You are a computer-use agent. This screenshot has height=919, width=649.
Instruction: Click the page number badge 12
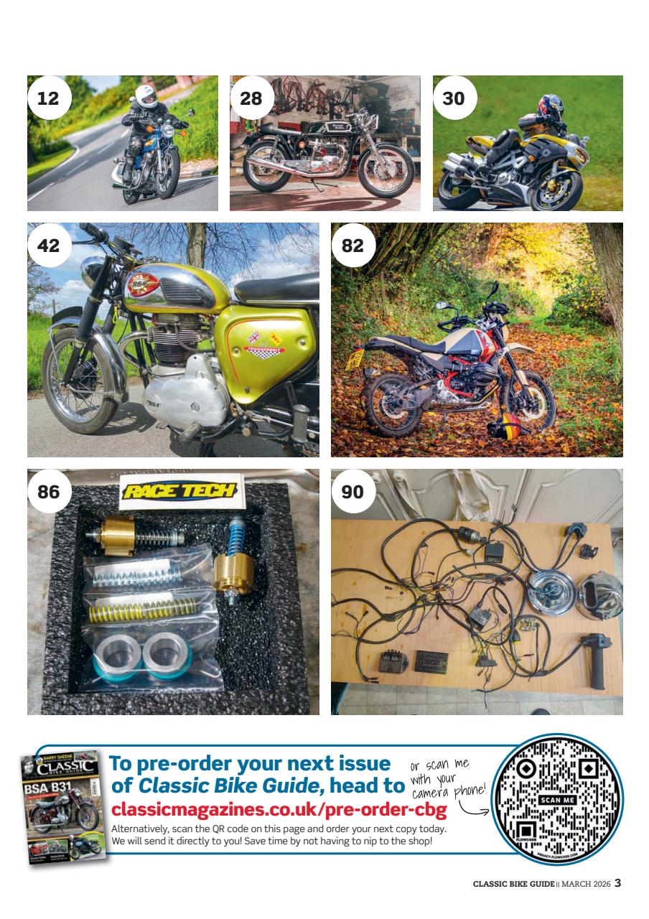pyautogui.click(x=48, y=98)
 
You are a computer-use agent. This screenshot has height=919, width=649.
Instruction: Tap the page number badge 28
pyautogui.click(x=251, y=98)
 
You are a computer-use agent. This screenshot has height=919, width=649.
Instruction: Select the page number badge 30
pyautogui.click(x=454, y=98)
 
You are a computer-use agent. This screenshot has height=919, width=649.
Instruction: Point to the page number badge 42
pyautogui.click(x=48, y=246)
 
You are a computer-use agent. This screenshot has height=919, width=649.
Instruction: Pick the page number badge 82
pyautogui.click(x=352, y=246)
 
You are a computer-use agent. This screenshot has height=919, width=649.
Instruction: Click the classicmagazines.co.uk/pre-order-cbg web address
pyautogui.click(x=279, y=811)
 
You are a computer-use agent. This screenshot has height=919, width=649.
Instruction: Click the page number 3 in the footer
pyautogui.click(x=617, y=882)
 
